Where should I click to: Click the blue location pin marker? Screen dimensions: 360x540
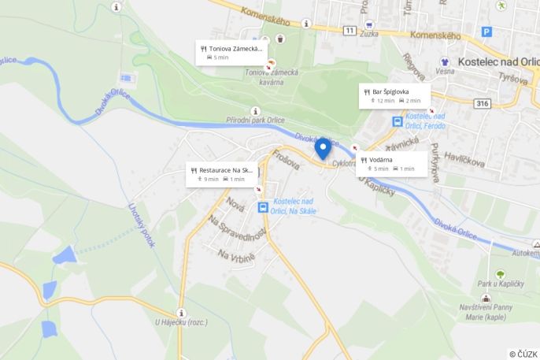point(323,147)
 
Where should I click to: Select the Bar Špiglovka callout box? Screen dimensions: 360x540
point(394,96)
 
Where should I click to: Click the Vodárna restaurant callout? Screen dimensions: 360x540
point(391,163)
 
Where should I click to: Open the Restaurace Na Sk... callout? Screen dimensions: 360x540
point(222,174)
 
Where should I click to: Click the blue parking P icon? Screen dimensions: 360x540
point(486,32)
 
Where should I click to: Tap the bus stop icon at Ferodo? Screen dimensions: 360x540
point(398,122)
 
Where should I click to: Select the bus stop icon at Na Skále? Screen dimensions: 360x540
point(263,207)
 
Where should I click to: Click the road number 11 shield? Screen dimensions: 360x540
point(350,30)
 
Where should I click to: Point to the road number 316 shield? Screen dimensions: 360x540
point(483,104)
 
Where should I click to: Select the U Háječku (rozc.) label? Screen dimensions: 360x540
point(180,321)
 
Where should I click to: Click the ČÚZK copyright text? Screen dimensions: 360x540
point(523,354)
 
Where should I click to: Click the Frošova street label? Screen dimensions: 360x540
point(286,160)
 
